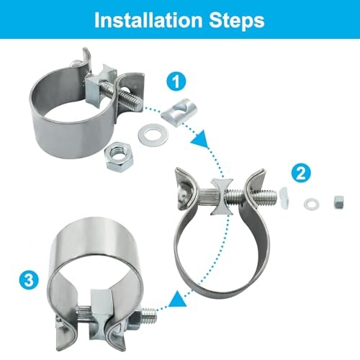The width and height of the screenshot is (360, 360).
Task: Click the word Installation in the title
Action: point(148,20)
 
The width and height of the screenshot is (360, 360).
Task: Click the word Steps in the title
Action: point(237,21)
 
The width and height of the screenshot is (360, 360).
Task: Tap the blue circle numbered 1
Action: point(176,81)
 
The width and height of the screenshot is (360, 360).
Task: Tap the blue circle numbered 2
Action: point(301,173)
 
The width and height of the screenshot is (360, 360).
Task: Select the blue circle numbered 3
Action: point(29,280)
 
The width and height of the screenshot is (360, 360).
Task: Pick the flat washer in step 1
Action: point(153,134)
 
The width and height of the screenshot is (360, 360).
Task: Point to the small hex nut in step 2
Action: point(338,202)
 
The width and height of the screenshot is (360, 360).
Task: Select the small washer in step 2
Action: point(311,204)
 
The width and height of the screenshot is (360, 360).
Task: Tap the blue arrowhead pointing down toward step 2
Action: point(199,138)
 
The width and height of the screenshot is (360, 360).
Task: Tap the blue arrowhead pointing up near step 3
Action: point(178,298)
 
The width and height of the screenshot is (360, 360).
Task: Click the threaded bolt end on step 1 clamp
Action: point(131,99)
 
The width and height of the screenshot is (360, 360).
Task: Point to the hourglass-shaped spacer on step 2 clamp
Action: point(222,197)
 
